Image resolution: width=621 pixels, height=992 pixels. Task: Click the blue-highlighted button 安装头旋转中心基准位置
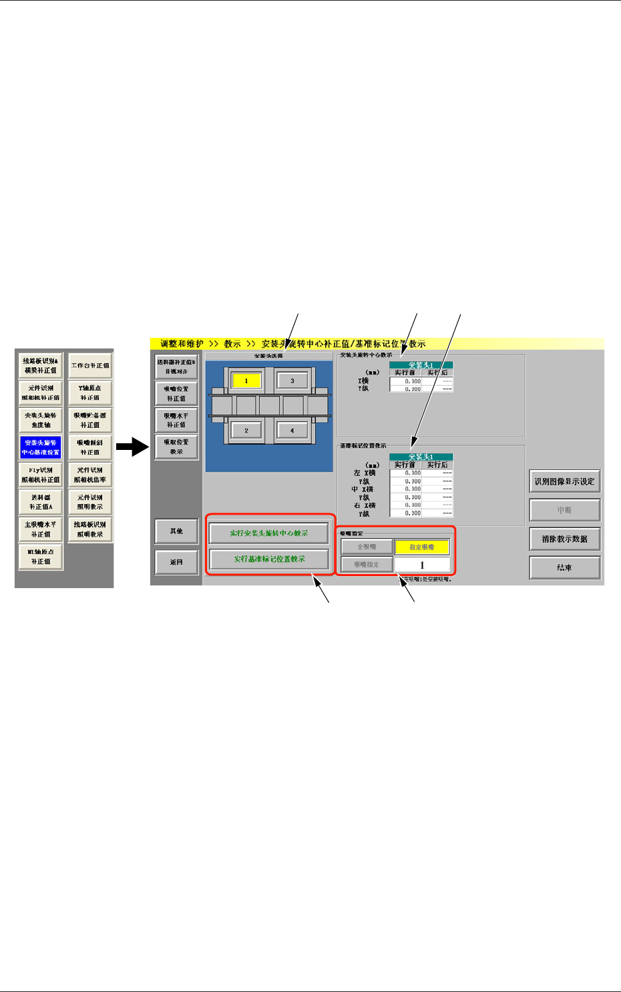41,447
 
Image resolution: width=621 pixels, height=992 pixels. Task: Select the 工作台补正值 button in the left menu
90,366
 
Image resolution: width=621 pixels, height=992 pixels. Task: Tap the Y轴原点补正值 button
90,393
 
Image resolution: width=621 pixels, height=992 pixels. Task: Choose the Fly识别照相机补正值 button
41,475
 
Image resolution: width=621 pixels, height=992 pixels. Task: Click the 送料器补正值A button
41,502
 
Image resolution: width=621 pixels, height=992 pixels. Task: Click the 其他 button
176,531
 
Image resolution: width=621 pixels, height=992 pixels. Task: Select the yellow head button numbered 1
246,381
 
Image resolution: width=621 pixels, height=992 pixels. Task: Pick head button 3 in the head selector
292,381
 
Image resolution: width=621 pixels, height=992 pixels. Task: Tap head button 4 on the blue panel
292,431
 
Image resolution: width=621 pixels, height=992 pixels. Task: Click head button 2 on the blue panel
246,431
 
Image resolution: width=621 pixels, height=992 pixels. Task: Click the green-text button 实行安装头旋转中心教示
269,533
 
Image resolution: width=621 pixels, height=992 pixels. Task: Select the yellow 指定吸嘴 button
422,547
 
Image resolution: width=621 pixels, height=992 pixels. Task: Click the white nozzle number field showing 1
422,565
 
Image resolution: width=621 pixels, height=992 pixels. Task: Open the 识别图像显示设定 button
564,481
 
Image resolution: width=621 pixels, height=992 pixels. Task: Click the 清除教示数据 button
564,539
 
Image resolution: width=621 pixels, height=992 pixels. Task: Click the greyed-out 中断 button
564,510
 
